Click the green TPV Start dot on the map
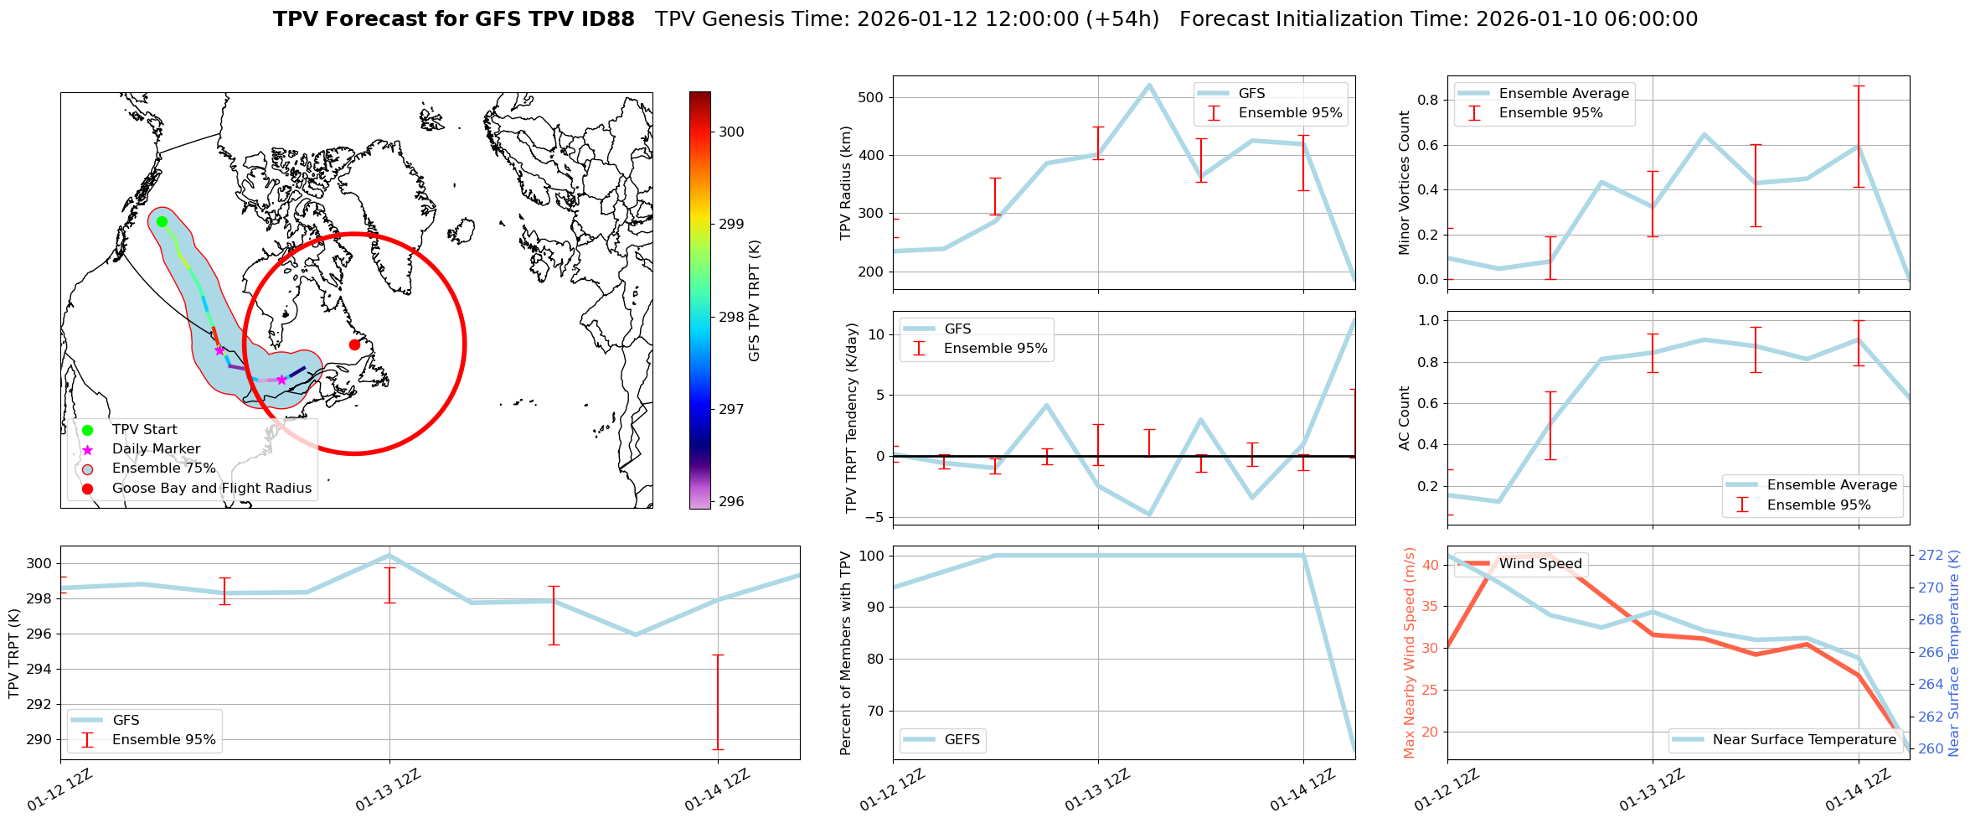(x=162, y=221)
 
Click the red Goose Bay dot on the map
(x=354, y=344)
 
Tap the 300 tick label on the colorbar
(x=731, y=132)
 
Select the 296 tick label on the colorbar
(x=731, y=501)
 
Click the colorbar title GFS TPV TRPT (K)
(x=755, y=300)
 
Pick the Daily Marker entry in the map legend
(x=156, y=449)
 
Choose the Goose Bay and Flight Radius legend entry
(x=211, y=488)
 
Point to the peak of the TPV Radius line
(x=1149, y=85)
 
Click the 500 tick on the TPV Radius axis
(x=871, y=97)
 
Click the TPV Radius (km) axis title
(x=846, y=183)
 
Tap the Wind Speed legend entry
(x=1539, y=564)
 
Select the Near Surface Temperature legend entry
(x=1803, y=739)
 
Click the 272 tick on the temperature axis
(x=1931, y=555)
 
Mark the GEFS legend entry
(x=962, y=739)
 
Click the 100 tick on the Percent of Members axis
(x=871, y=556)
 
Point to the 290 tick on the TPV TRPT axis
(x=38, y=739)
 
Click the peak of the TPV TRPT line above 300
(x=389, y=555)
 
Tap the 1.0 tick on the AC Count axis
(x=1429, y=320)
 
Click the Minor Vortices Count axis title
(x=1405, y=183)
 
